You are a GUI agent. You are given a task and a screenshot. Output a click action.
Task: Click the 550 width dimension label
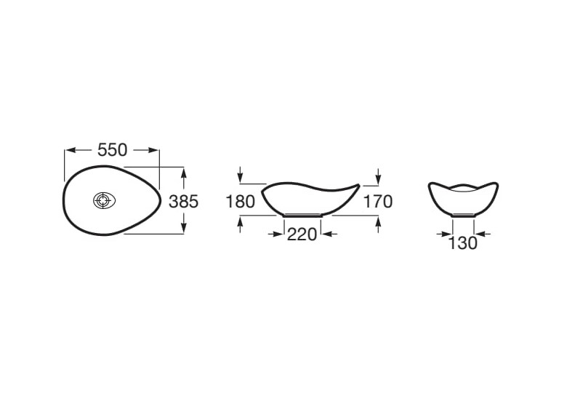click(113, 150)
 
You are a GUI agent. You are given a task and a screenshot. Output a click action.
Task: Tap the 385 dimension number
click(183, 201)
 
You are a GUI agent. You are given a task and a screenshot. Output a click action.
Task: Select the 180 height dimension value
click(240, 202)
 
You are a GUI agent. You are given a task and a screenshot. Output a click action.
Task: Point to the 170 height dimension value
click(378, 202)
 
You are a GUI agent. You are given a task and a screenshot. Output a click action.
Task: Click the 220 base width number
click(302, 234)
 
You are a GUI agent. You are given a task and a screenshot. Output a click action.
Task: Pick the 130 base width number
click(463, 242)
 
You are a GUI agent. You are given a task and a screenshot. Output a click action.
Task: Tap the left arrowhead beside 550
click(70, 150)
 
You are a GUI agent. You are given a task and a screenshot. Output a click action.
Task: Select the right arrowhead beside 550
click(154, 150)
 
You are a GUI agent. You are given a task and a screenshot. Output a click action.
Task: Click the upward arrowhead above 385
click(184, 173)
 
